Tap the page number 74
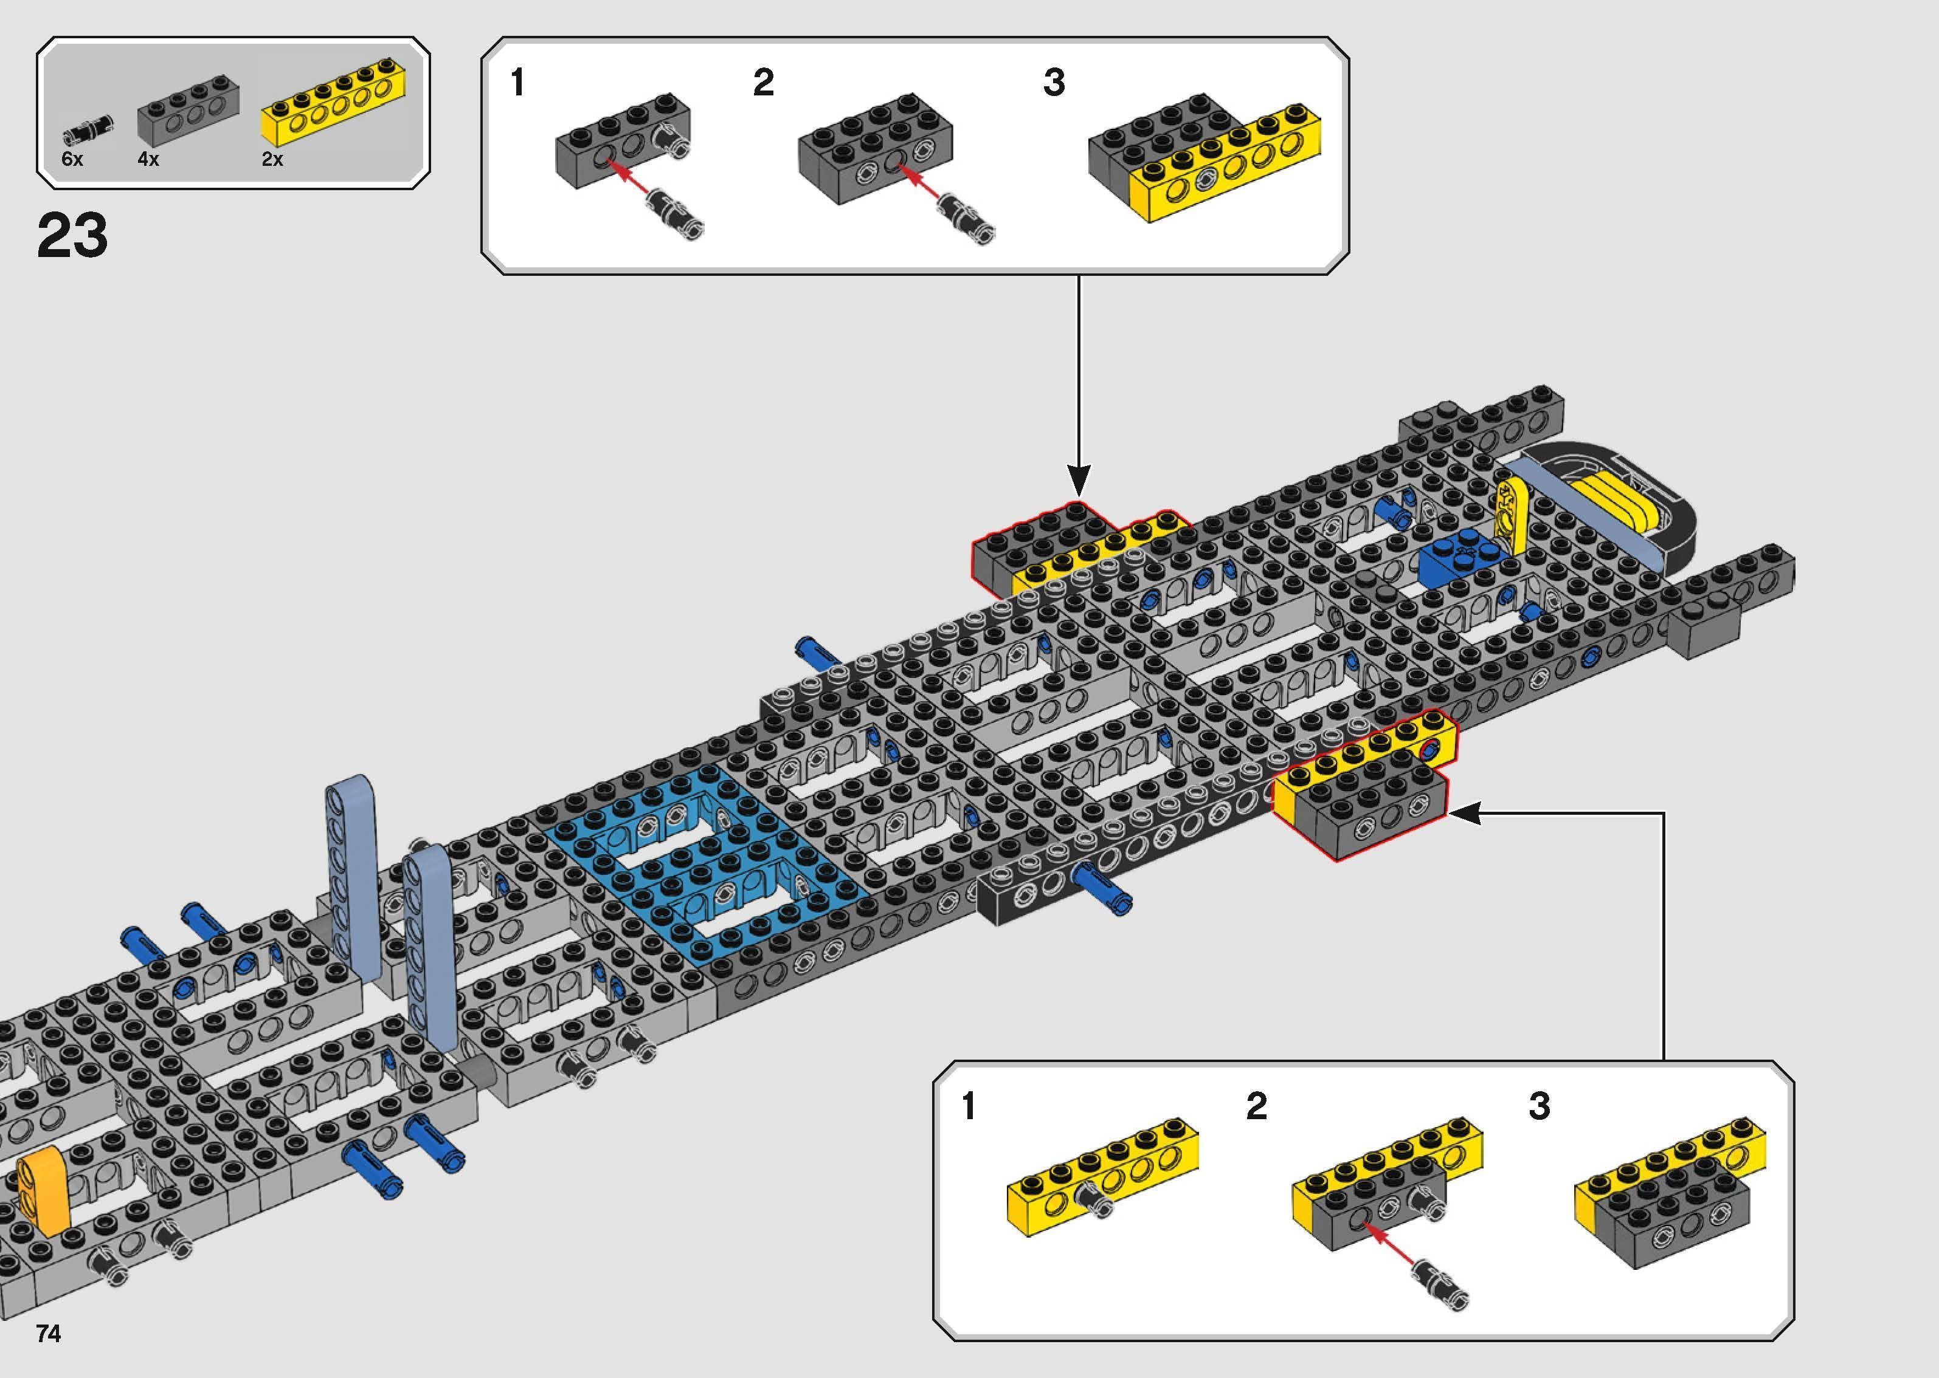tap(49, 1334)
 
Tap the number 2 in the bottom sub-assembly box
tap(1256, 1106)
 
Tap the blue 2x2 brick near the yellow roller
tap(1460, 558)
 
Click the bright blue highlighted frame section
tap(705, 857)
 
